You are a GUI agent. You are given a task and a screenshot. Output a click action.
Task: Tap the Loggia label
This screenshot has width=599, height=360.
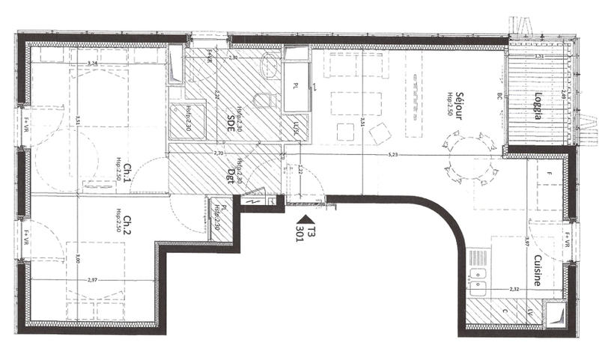(x=538, y=100)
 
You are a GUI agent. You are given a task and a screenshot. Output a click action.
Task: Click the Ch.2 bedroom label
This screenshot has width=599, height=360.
(x=129, y=225)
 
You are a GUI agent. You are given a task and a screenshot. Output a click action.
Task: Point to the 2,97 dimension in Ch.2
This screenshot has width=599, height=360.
(x=92, y=279)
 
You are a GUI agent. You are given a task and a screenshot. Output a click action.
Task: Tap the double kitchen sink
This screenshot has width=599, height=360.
(x=476, y=278)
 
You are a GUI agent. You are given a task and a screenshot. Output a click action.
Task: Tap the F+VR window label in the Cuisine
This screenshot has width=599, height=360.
(x=568, y=240)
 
